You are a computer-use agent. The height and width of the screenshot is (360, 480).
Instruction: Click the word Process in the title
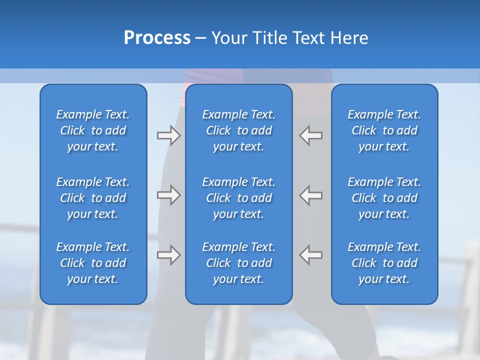point(157,38)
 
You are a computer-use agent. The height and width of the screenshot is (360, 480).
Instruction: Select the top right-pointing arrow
point(168,135)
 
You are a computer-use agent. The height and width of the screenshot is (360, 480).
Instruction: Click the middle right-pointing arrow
point(168,195)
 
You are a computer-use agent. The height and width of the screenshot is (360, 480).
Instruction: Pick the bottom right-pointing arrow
point(168,254)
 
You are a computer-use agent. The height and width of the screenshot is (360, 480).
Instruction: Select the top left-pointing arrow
point(311,135)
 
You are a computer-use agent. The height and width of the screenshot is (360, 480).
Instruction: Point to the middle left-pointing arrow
point(311,195)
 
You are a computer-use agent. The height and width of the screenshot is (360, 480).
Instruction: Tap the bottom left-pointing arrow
point(311,254)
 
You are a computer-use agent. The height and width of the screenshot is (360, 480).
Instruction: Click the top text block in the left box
point(93,130)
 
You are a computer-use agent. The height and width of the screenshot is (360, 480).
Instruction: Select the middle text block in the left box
point(93,198)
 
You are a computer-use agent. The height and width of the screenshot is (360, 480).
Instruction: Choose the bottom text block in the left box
point(93,263)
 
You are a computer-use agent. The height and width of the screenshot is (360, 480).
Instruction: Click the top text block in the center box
point(238,130)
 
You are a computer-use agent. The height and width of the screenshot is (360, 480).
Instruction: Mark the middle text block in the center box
point(238,198)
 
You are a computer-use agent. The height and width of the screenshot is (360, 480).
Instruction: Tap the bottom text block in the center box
point(238,263)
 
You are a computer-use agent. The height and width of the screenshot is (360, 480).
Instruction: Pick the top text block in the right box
point(384,130)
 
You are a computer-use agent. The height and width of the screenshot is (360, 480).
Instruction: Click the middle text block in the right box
point(384,198)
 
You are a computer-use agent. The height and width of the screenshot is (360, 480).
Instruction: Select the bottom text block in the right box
point(384,263)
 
